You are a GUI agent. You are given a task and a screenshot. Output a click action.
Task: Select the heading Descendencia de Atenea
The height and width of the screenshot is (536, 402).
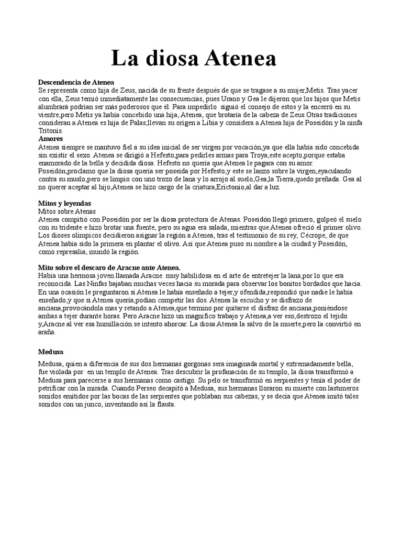(76, 83)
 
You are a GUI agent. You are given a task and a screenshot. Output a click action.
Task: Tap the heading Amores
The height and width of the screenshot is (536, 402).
(51, 139)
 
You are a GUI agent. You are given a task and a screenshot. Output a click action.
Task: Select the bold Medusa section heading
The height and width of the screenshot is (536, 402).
(51, 352)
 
